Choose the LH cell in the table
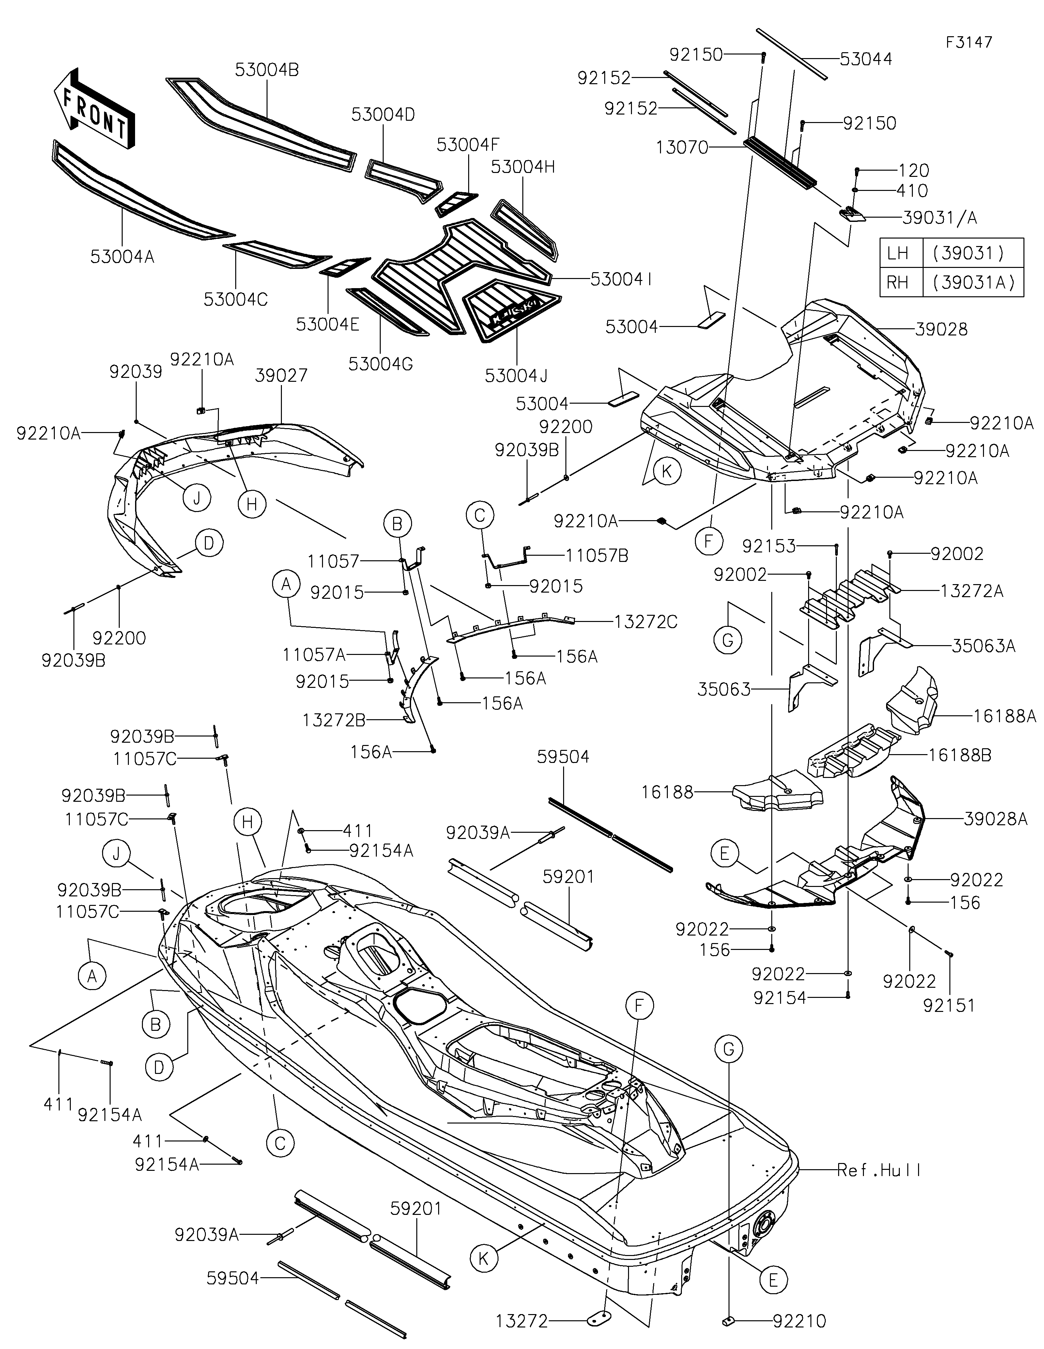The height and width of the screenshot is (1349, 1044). point(898,253)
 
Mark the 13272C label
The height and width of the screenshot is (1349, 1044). point(646,622)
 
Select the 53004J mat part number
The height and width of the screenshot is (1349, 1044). point(516,376)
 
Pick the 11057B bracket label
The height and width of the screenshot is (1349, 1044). point(597,556)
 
